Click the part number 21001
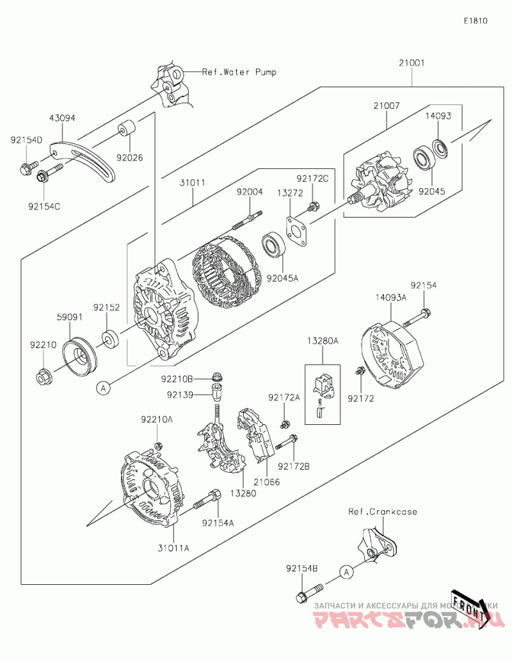click(x=412, y=63)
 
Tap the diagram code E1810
click(x=476, y=20)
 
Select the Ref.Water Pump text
click(x=239, y=72)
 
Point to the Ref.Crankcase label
click(x=383, y=512)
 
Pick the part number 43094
click(x=63, y=118)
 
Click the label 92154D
click(x=26, y=139)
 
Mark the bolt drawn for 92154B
click(x=305, y=594)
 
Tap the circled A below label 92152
click(x=102, y=386)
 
